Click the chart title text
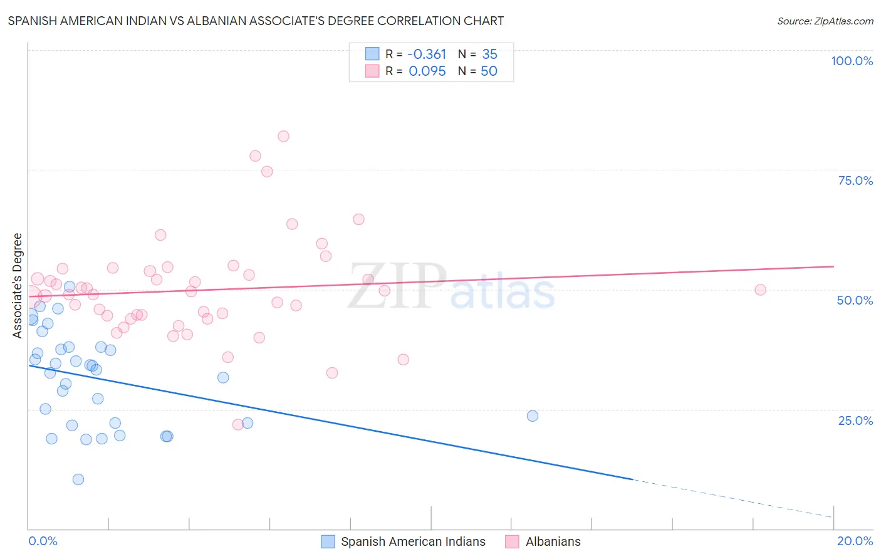[256, 21]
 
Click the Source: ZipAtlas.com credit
[825, 21]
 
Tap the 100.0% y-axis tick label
[852, 61]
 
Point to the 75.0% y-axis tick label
[855, 180]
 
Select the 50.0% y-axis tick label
[855, 300]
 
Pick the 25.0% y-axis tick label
[855, 421]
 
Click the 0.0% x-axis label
[43, 541]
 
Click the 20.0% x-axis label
[855, 541]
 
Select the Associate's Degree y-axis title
[18, 285]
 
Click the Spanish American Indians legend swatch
[328, 541]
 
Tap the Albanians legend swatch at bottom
[512, 541]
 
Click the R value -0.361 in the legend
[426, 55]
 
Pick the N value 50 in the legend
[489, 71]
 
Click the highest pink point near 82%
[283, 136]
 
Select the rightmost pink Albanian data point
[760, 290]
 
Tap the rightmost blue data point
[533, 415]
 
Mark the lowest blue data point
[78, 479]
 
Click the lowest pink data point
[238, 424]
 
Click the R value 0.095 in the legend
[427, 71]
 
